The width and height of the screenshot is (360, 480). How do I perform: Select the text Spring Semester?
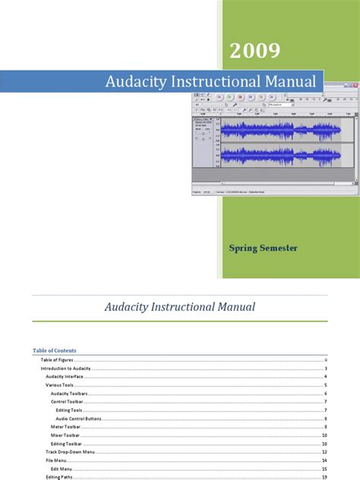263,248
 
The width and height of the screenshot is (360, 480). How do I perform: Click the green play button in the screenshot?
230,97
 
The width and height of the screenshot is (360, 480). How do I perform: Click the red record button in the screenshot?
241,97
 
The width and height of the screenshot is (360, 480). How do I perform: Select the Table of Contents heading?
55,350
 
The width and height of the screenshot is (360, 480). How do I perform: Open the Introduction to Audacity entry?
66,368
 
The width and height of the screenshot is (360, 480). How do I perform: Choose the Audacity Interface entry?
65,377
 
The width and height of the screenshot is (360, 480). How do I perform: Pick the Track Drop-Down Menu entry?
70,452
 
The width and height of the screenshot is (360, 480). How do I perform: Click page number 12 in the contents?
324,452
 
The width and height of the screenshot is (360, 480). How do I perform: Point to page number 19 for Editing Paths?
324,477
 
